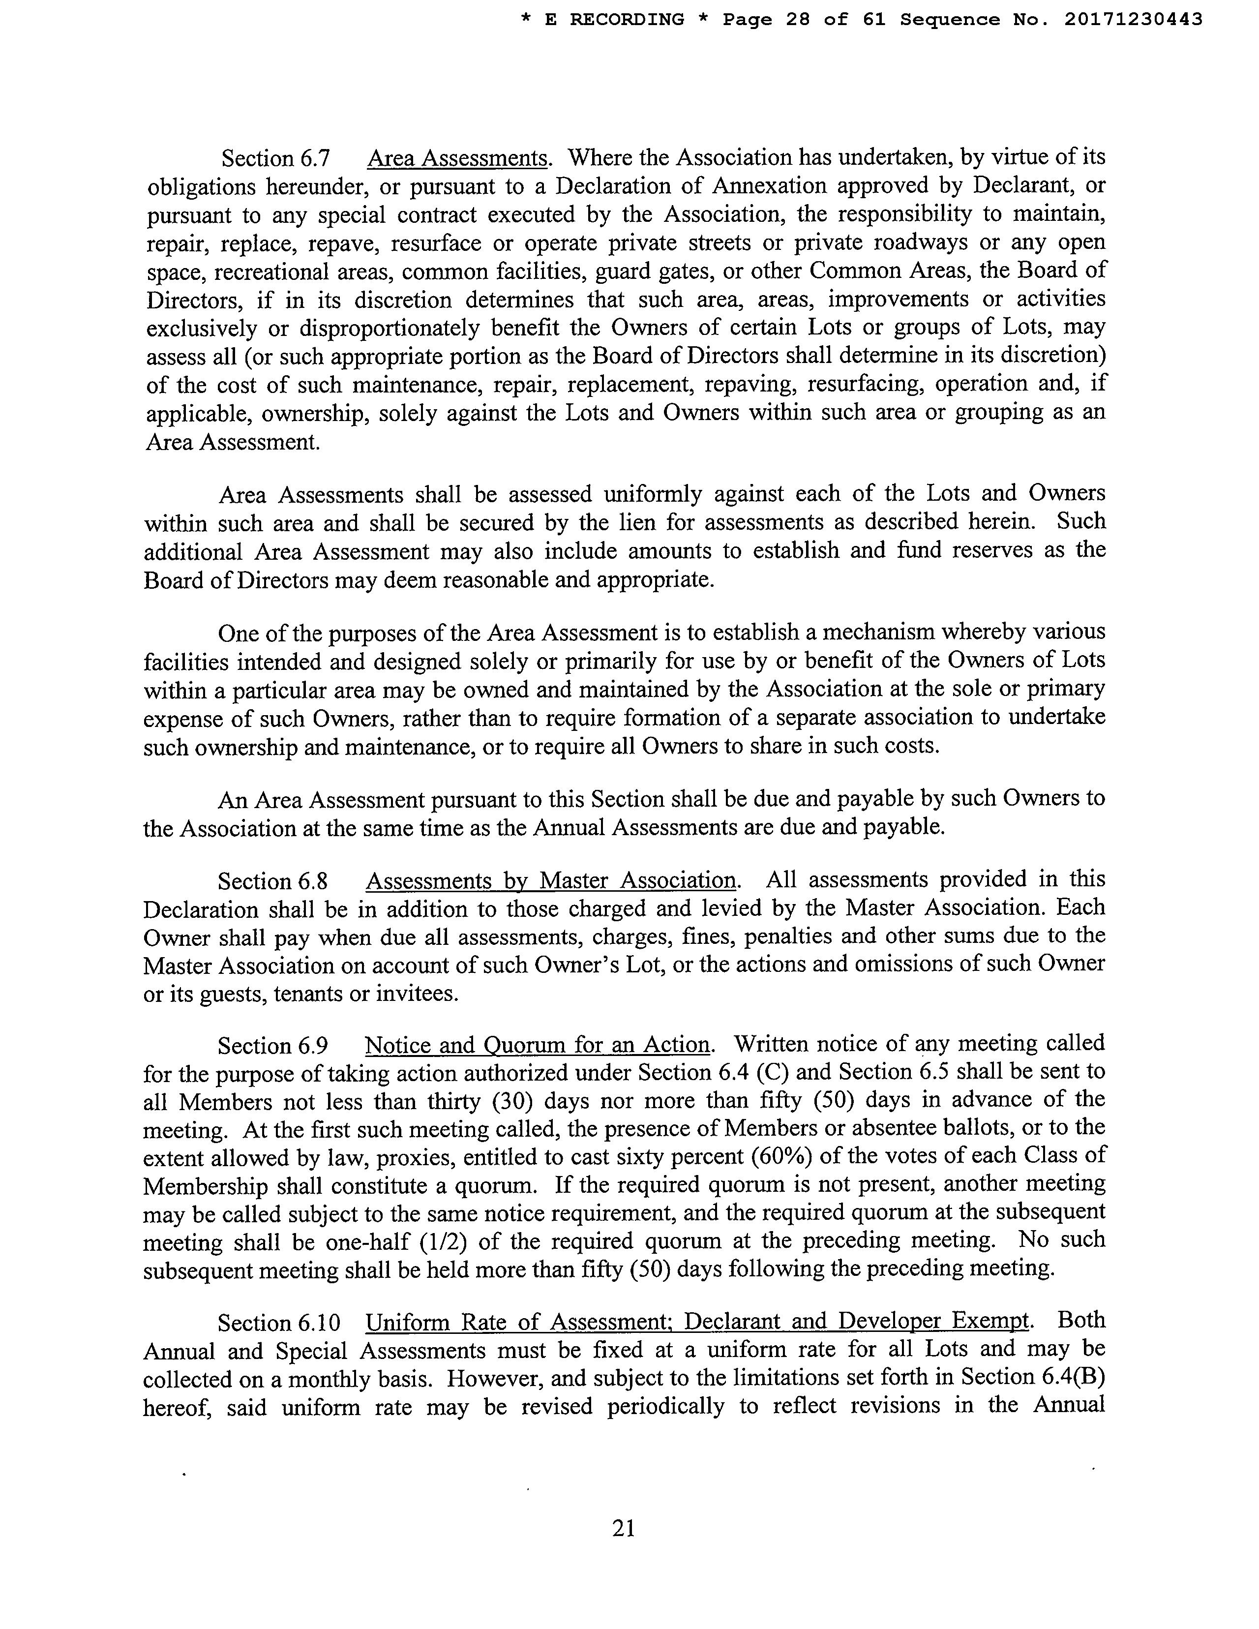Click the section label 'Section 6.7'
point(275,159)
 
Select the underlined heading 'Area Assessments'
point(458,159)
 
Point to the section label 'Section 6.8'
point(272,881)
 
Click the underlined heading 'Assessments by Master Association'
point(550,881)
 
